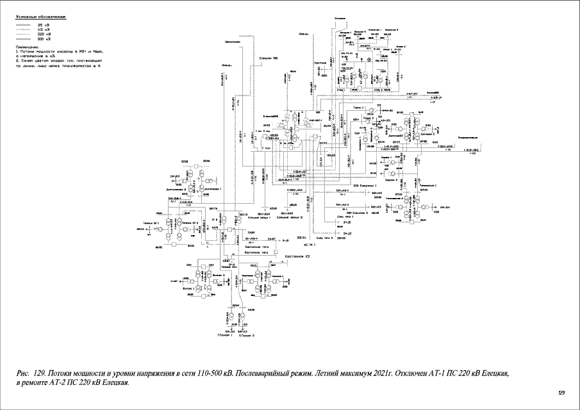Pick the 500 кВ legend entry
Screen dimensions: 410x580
tap(44, 38)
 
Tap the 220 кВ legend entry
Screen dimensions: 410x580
tap(44, 34)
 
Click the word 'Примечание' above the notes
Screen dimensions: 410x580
tap(28, 47)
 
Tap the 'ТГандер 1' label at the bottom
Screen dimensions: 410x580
tap(224, 335)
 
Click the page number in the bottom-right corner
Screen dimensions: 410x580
tap(562, 392)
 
